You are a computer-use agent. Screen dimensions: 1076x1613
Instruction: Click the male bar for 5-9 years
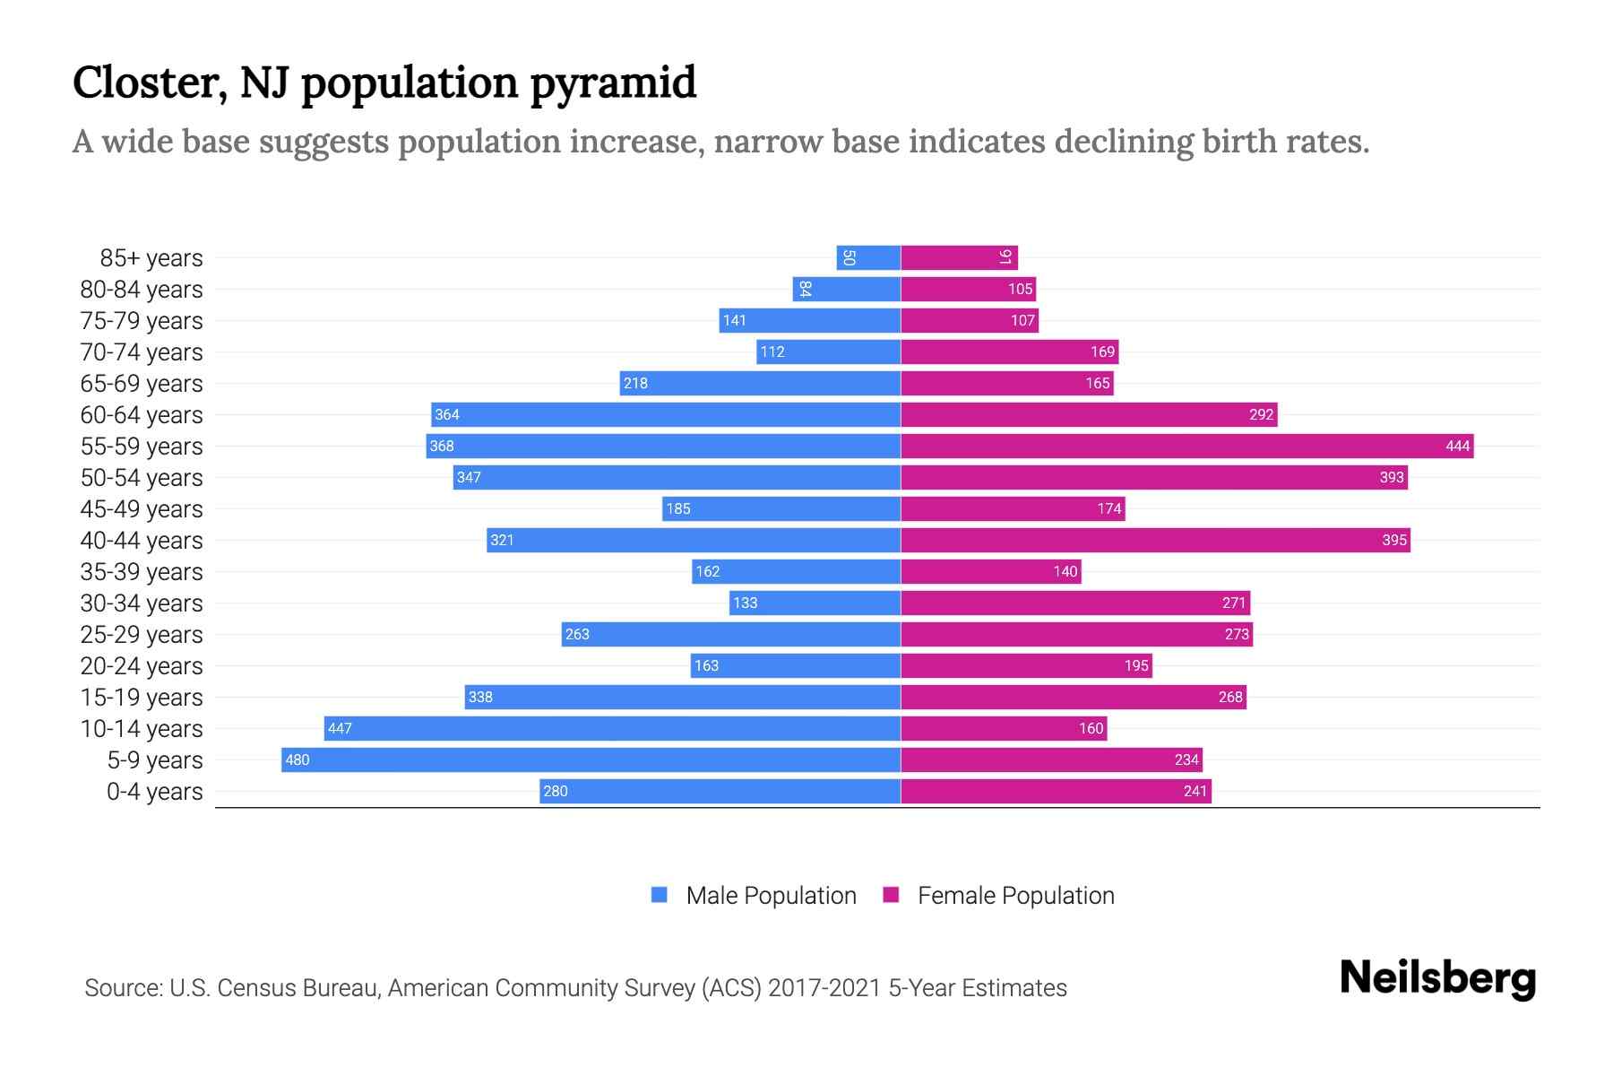pos(591,759)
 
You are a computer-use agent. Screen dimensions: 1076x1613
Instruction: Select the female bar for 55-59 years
pos(1187,446)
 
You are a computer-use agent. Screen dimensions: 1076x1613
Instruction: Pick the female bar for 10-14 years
pos(1004,728)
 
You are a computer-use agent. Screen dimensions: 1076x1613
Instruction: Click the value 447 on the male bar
pos(340,728)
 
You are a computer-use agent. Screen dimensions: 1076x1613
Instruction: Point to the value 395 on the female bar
pos(1393,540)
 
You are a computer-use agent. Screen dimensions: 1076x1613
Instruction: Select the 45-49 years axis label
pos(142,508)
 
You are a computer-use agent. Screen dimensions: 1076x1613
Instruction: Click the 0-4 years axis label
pos(154,791)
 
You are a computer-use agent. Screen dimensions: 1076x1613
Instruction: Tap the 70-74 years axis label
pos(142,351)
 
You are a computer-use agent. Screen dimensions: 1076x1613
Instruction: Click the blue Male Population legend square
pos(660,895)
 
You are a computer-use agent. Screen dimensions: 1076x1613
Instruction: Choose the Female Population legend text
pos(1015,895)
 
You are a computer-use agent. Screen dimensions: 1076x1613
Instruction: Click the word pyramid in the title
pos(613,82)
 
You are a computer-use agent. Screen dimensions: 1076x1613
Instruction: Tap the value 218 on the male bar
pos(635,383)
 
